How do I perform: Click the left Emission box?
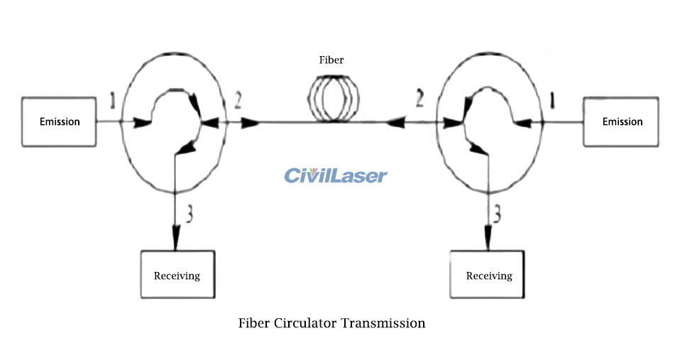click(60, 122)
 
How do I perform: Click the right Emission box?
click(622, 122)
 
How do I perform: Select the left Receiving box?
click(177, 275)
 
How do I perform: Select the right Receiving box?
click(488, 275)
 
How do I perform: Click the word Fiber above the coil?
click(331, 60)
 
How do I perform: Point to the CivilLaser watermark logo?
click(336, 175)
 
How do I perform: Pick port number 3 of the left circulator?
click(187, 212)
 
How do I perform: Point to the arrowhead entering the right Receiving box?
click(488, 239)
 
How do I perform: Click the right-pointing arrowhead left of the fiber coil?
click(251, 123)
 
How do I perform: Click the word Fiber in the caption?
click(253, 323)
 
